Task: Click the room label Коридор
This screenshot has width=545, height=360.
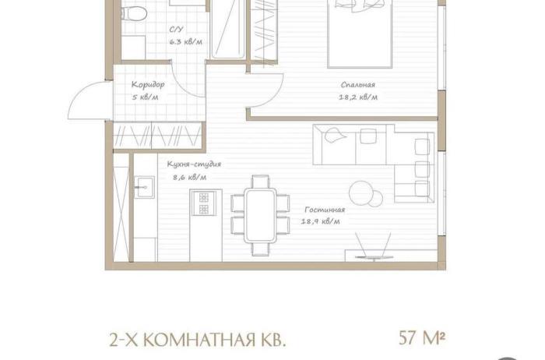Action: pyautogui.click(x=148, y=84)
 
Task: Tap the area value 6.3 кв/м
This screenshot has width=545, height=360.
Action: pyautogui.click(x=185, y=42)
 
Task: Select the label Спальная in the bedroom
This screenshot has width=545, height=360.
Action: pyautogui.click(x=357, y=84)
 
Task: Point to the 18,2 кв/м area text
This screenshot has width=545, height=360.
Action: pyautogui.click(x=358, y=97)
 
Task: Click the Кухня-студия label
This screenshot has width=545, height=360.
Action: pyautogui.click(x=194, y=164)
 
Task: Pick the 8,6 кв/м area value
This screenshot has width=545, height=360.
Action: pyautogui.click(x=190, y=177)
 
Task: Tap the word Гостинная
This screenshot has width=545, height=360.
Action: pyautogui.click(x=325, y=210)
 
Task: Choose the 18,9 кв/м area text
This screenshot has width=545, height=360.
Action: pyautogui.click(x=321, y=221)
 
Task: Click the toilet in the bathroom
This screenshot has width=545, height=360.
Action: pyautogui.click(x=134, y=13)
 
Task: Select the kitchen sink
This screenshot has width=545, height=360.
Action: pyautogui.click(x=144, y=187)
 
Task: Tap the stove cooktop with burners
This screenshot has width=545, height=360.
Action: pyautogui.click(x=204, y=203)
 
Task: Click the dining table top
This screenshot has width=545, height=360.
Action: pyautogui.click(x=260, y=215)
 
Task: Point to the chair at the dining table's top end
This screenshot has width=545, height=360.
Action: pyautogui.click(x=260, y=182)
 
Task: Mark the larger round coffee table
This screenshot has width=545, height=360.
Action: pyautogui.click(x=360, y=192)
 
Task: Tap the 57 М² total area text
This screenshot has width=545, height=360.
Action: pyautogui.click(x=422, y=337)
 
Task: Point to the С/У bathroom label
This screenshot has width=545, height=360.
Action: pyautogui.click(x=176, y=30)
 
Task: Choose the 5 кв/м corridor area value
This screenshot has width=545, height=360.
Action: pyautogui.click(x=145, y=97)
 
